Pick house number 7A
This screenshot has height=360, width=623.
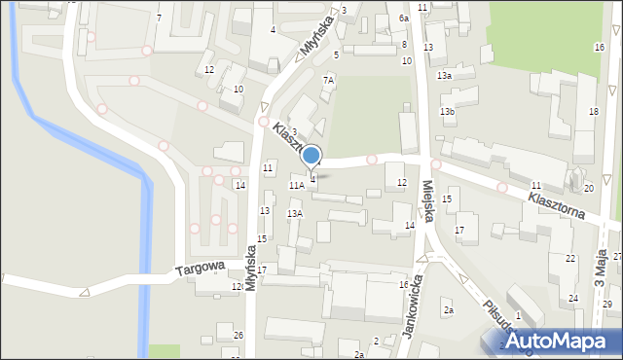point(329,81)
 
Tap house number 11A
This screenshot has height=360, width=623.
point(296,184)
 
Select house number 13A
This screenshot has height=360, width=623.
point(294,213)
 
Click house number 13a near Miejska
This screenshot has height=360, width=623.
point(444,75)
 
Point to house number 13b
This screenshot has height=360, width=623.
point(447,113)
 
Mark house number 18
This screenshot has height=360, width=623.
point(593,112)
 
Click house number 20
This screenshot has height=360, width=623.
point(588,188)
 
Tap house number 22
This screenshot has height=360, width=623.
point(570,259)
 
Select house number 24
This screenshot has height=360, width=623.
point(573,298)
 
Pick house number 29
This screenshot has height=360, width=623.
point(606,305)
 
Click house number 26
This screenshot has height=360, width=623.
point(238,336)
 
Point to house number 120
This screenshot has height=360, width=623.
point(237,287)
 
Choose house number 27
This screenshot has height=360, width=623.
point(617,256)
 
